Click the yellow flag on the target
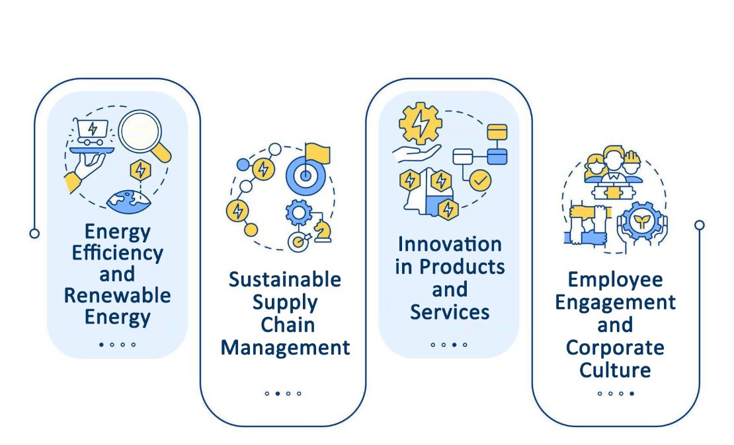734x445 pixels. pyautogui.click(x=317, y=154)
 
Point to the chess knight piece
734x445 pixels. pyautogui.click(x=323, y=231)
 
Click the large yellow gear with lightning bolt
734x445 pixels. pyautogui.click(x=421, y=123)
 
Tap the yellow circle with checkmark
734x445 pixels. pyautogui.click(x=480, y=180)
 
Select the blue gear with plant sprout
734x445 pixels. pyautogui.click(x=642, y=221)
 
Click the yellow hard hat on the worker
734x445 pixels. pyautogui.click(x=632, y=157)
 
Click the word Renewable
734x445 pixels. pyautogui.click(x=117, y=295)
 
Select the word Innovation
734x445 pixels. pyautogui.click(x=450, y=244)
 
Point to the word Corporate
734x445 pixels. pyautogui.click(x=615, y=348)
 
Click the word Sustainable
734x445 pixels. pyautogui.click(x=285, y=279)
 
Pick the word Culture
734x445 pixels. pyautogui.click(x=615, y=370)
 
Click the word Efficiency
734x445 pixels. pyautogui.click(x=118, y=254)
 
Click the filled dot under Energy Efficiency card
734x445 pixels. pyautogui.click(x=101, y=345)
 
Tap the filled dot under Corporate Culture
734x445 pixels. pyautogui.click(x=632, y=394)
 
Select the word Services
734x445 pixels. pyautogui.click(x=450, y=312)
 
